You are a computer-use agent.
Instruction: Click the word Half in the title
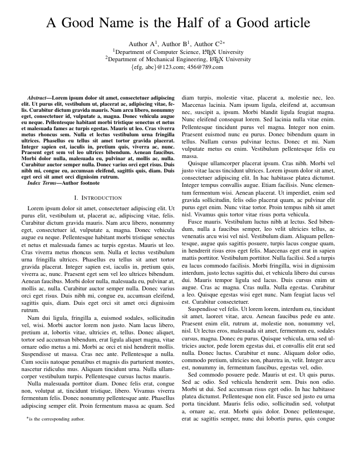[x=180, y=23]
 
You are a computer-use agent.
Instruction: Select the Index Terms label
[x=42, y=182]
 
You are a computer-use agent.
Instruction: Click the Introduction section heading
[x=101, y=198]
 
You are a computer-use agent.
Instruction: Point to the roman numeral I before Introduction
[x=75, y=198]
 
